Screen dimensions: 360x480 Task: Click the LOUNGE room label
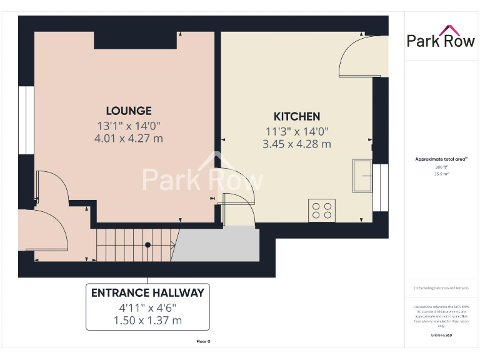(x=129, y=111)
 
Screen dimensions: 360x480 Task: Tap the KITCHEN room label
(x=297, y=116)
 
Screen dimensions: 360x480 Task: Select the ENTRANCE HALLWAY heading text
(x=147, y=292)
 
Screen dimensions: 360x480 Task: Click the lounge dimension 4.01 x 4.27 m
(x=129, y=138)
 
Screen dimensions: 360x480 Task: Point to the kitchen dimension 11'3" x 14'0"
(x=297, y=131)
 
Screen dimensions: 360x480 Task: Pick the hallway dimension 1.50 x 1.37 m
(x=147, y=321)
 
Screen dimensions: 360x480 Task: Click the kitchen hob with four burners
(x=322, y=210)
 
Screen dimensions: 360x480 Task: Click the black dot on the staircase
(x=147, y=245)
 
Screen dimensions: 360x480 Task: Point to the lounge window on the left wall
(x=26, y=119)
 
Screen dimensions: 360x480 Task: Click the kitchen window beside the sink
(x=377, y=187)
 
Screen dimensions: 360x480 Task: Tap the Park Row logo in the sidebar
(x=441, y=37)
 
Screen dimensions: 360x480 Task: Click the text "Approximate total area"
(x=440, y=159)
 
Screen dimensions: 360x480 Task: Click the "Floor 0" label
(x=203, y=341)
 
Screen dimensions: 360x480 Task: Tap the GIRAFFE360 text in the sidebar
(x=441, y=336)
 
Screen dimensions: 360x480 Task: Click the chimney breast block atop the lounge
(x=135, y=40)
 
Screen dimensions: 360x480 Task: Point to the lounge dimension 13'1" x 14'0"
(x=129, y=125)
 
